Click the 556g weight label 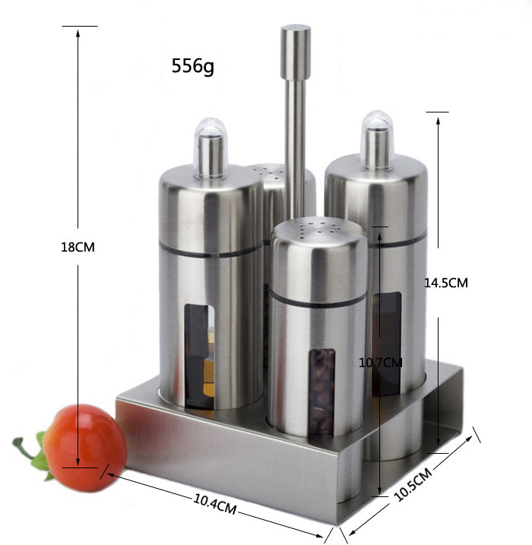(x=193, y=67)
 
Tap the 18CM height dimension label (x=78, y=246)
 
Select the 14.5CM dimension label (x=445, y=282)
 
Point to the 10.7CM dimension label (x=380, y=363)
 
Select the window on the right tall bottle (x=387, y=342)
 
